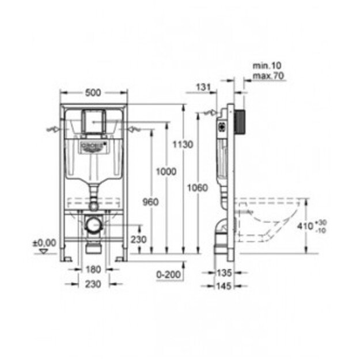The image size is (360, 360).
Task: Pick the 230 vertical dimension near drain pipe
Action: coord(138,239)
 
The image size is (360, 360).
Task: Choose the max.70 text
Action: coord(266,76)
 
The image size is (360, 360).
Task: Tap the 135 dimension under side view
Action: coord(225,272)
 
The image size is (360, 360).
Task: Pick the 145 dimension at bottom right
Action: coord(225,285)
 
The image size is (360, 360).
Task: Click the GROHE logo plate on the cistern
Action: coord(93,145)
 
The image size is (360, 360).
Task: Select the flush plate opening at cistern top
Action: coord(93,120)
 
